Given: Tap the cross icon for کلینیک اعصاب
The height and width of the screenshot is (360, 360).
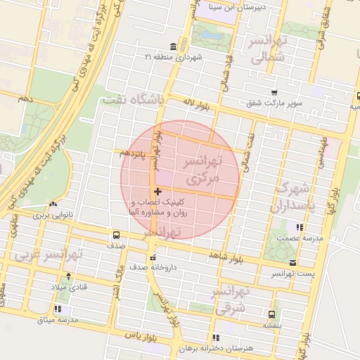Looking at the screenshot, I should (157, 191).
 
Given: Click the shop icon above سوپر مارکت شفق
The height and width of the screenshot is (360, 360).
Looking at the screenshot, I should (274, 92).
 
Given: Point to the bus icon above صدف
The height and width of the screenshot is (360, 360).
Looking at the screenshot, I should (116, 235).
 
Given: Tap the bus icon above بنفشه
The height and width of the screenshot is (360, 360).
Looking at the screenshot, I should (271, 314).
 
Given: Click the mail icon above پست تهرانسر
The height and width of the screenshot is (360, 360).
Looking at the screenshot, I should (292, 262).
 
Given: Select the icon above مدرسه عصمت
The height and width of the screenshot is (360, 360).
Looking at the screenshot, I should (300, 227).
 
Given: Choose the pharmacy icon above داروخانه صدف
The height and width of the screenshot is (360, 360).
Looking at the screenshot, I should (153, 257).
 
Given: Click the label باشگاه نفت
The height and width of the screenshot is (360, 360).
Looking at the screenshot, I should (133, 101).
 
